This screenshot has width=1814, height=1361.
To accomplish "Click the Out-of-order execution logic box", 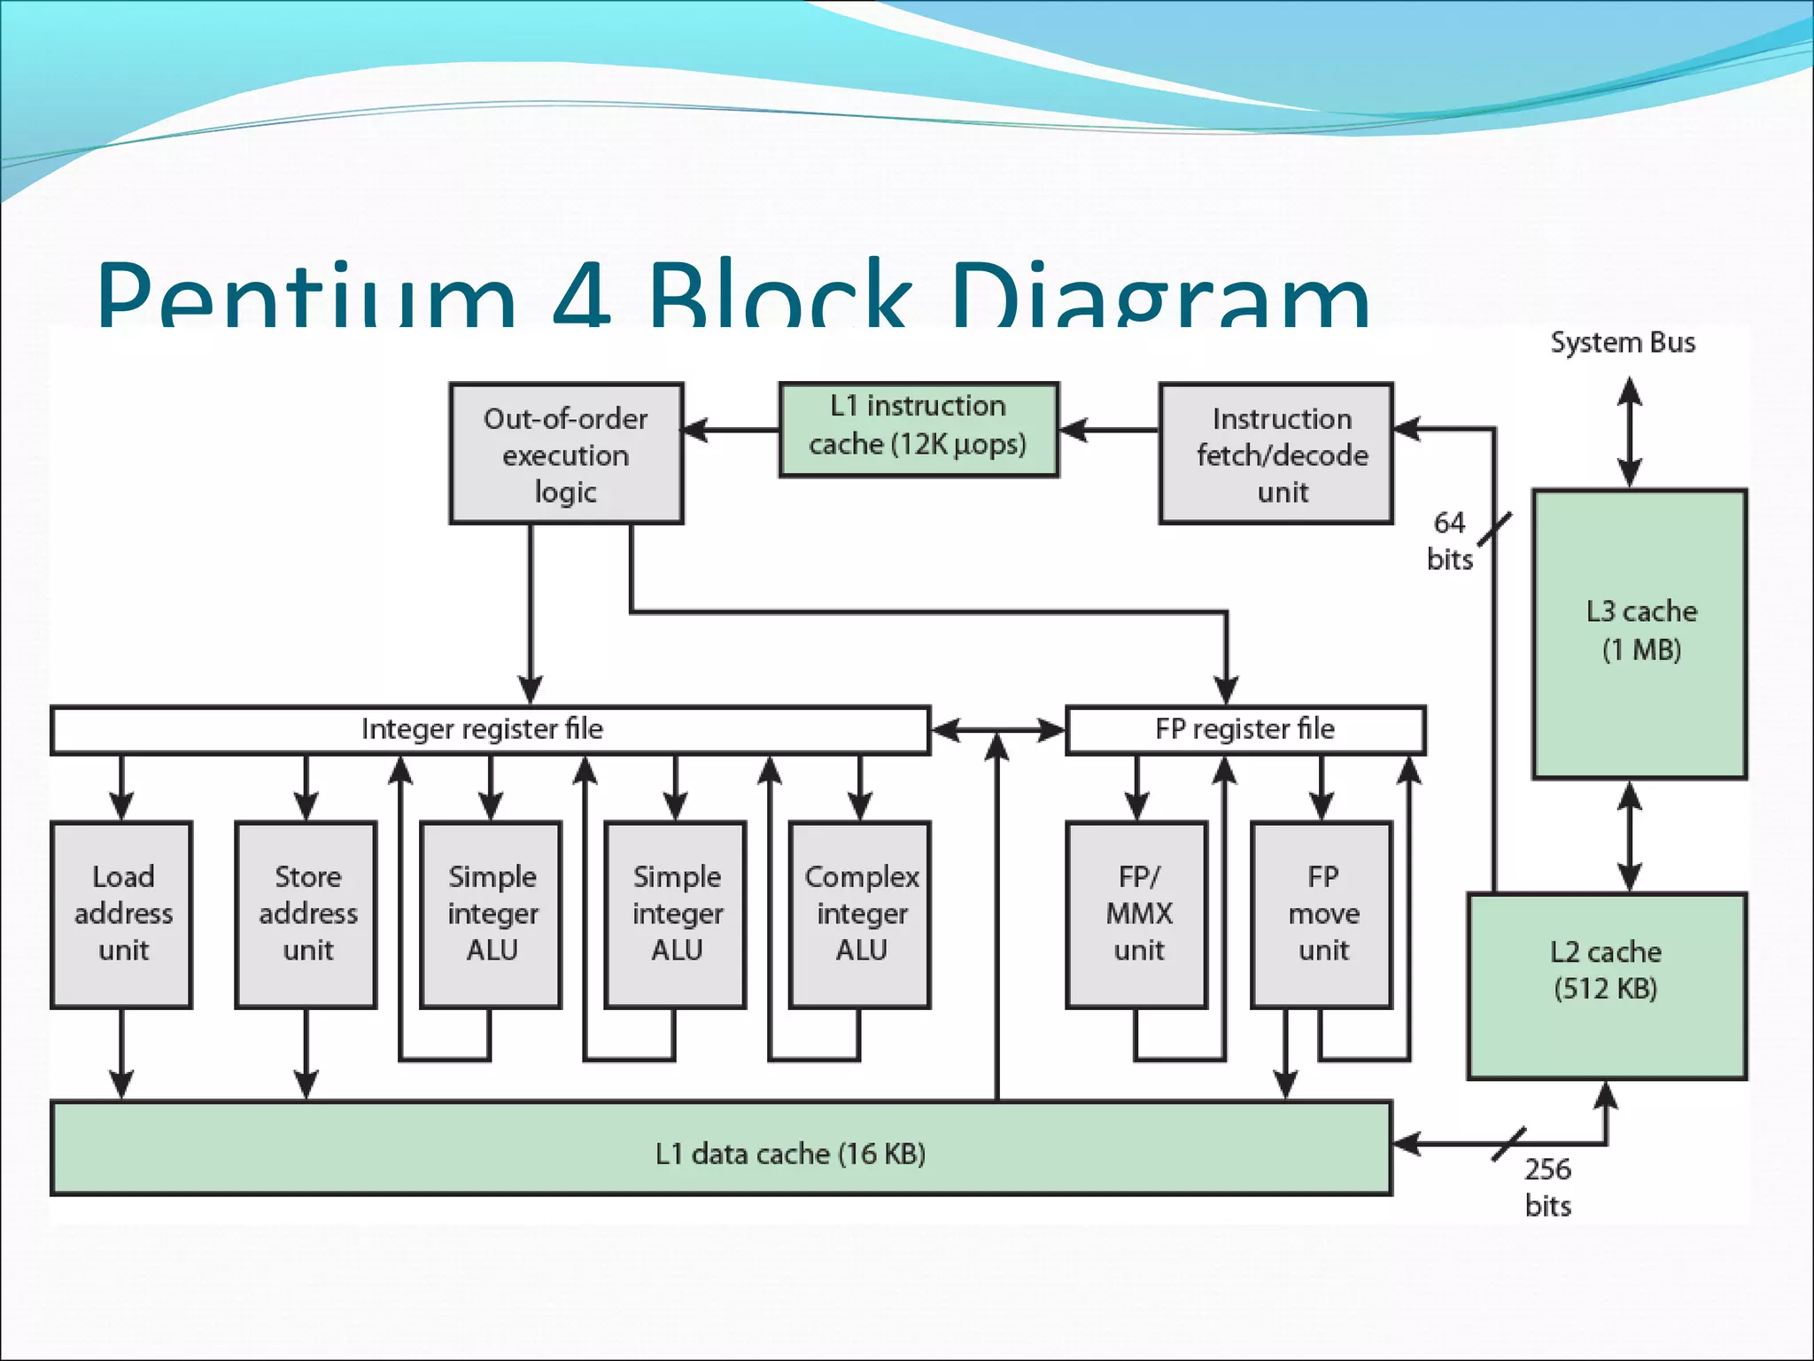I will pyautogui.click(x=565, y=454).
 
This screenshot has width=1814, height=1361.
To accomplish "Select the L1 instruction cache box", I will pyautogui.click(x=918, y=430).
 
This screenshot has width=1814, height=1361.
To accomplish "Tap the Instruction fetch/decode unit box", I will pyautogui.click(x=1275, y=454).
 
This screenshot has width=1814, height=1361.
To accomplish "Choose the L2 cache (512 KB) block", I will pyautogui.click(x=1606, y=985).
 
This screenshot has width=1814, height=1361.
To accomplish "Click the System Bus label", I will pyautogui.click(x=1622, y=343).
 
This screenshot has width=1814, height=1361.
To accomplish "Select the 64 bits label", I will pyautogui.click(x=1449, y=541).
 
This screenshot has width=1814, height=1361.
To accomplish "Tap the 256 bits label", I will pyautogui.click(x=1547, y=1187).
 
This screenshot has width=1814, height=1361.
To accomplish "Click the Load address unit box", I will pyautogui.click(x=122, y=914).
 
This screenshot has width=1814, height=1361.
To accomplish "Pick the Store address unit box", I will pyautogui.click(x=306, y=914).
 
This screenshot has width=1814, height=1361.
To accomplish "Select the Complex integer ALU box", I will pyautogui.click(x=860, y=914).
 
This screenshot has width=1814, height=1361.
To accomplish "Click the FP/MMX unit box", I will pyautogui.click(x=1137, y=914).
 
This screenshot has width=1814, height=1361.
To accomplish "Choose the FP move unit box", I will pyautogui.click(x=1322, y=914).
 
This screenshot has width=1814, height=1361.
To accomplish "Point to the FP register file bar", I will pyautogui.click(x=1244, y=729).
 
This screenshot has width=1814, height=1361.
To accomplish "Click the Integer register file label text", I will pyautogui.click(x=482, y=729).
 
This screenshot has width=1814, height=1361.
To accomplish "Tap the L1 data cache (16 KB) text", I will pyautogui.click(x=790, y=1154).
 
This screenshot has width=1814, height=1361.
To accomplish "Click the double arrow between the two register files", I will pyautogui.click(x=998, y=730).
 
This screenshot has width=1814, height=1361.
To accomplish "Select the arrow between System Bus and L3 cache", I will pyautogui.click(x=1630, y=433).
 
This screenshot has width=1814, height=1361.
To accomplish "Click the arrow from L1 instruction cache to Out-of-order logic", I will pyautogui.click(x=731, y=431).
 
